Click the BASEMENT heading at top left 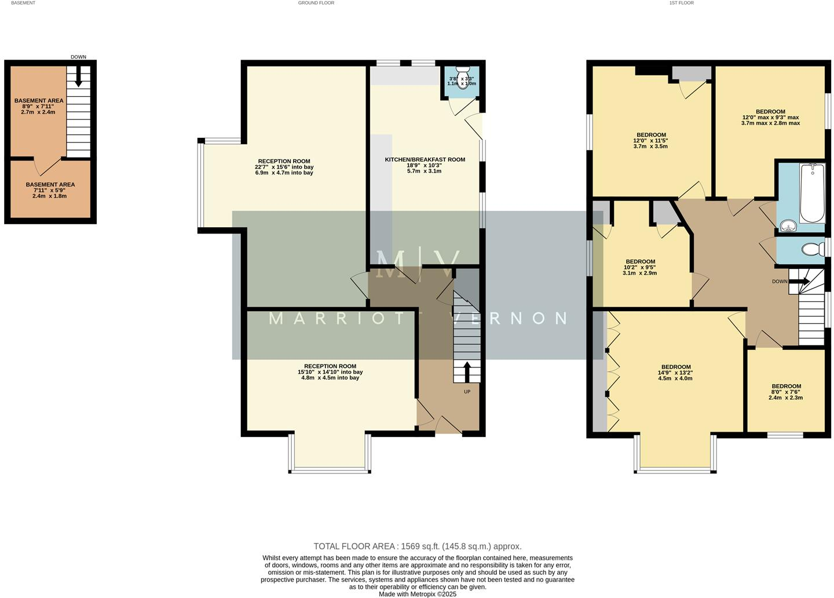tap(23, 3)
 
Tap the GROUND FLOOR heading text tap(316, 3)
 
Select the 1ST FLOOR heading tap(681, 3)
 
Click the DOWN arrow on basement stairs tap(79, 77)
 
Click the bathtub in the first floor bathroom tap(812, 193)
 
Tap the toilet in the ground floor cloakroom tap(463, 82)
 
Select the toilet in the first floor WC tap(813, 250)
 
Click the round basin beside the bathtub tap(787, 225)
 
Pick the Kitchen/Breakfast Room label tap(425, 159)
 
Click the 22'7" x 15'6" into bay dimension tap(284, 167)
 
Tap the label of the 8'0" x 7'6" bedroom tap(786, 386)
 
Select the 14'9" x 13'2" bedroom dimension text tap(676, 373)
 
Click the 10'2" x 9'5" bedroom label tap(640, 261)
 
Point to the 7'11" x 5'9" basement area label tap(50, 185)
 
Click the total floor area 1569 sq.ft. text tap(417, 546)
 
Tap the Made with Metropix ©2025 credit tap(417, 594)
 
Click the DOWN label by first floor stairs tap(780, 282)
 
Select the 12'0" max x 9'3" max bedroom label tap(770, 112)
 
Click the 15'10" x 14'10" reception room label tap(330, 366)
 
